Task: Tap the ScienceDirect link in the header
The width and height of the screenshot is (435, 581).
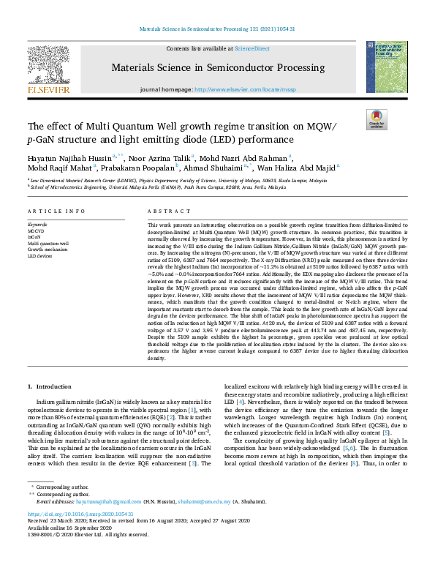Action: (x=251, y=48)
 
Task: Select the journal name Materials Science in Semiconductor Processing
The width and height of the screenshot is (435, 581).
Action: (x=218, y=68)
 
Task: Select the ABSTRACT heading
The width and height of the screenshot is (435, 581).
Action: (x=169, y=211)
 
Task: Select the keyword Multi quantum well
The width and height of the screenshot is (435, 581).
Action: (x=48, y=244)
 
